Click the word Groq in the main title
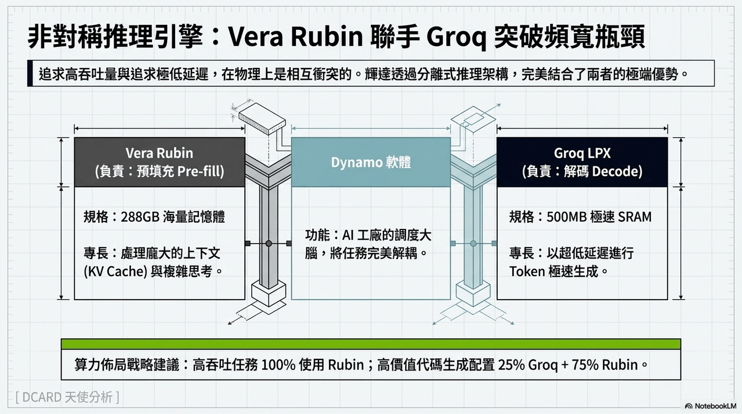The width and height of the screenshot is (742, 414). coord(456,36)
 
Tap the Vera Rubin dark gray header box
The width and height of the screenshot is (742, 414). coord(160,162)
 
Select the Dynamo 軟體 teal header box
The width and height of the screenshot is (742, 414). coord(371,162)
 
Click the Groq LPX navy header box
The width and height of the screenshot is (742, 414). coord(582,162)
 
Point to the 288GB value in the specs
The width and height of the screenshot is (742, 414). coord(140,217)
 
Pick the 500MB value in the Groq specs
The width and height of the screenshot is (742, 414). coord(567,217)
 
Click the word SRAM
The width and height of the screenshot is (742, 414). coord(635,217)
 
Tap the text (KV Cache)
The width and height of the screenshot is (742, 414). coord(115,271)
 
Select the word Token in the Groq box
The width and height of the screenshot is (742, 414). coord(527,271)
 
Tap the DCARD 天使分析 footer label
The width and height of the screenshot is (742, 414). coord(67,397)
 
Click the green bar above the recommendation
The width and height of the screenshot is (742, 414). coord(371,344)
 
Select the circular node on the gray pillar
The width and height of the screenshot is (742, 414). coord(269,244)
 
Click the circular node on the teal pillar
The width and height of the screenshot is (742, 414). coord(473,244)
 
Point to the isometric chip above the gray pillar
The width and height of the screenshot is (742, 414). coord(262,118)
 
